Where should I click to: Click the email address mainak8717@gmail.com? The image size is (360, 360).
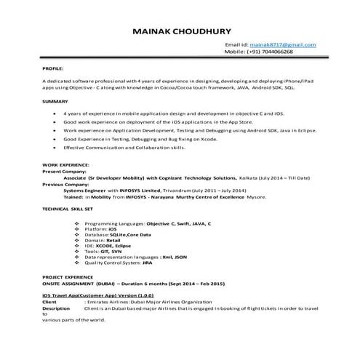[x=281, y=45]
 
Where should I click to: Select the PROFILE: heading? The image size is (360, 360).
[x=52, y=67]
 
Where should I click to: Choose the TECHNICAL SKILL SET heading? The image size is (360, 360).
[x=70, y=208]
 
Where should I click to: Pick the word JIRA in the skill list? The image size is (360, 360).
[x=149, y=263]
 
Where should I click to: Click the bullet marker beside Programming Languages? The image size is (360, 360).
[x=78, y=223]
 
